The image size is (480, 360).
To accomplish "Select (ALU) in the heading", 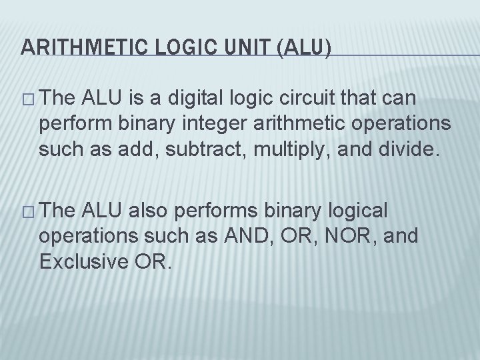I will tap(305, 47).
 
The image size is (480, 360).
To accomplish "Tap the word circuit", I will tap(334, 99).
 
